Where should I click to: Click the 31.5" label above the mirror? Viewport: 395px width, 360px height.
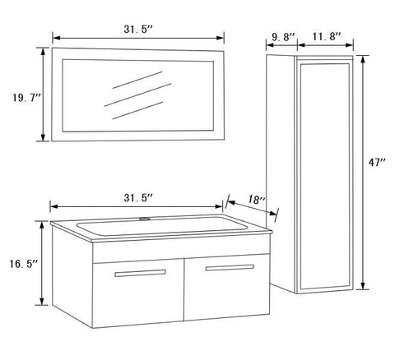(x=137, y=30)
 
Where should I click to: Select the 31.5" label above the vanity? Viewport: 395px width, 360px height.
(x=137, y=197)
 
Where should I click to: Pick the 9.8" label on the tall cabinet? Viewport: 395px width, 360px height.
(x=284, y=35)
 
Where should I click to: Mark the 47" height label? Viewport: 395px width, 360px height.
(x=378, y=164)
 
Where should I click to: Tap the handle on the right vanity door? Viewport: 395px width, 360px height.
(x=231, y=269)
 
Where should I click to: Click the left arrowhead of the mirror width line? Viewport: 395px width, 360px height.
(x=54, y=38)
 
